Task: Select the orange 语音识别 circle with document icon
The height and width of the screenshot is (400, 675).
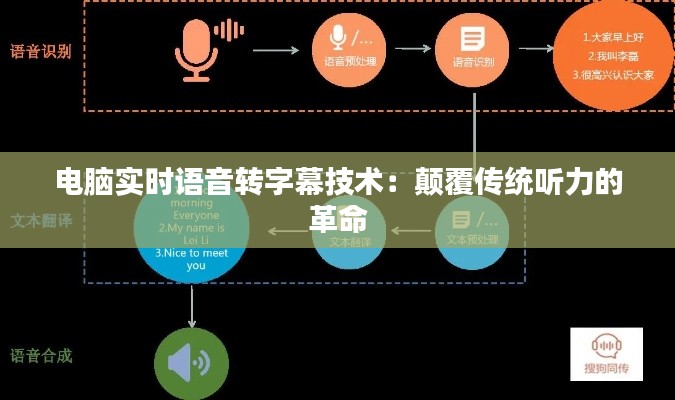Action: pos(471,48)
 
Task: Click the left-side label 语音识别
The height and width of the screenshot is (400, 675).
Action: pos(41,50)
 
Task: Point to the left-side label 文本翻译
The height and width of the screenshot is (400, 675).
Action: pos(41,219)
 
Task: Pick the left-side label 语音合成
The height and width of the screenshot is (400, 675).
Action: pos(41,356)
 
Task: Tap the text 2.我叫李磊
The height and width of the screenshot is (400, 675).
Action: pos(612,56)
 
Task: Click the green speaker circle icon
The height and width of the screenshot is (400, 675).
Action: pos(191,363)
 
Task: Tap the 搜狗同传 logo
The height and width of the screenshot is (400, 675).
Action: pos(606,353)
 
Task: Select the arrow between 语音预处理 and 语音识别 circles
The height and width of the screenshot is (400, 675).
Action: pos(410,49)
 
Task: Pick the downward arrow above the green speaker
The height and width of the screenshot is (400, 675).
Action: pos(191,311)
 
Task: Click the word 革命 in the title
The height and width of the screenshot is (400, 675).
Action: pos(338,218)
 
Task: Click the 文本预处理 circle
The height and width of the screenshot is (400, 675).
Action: pos(472,231)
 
